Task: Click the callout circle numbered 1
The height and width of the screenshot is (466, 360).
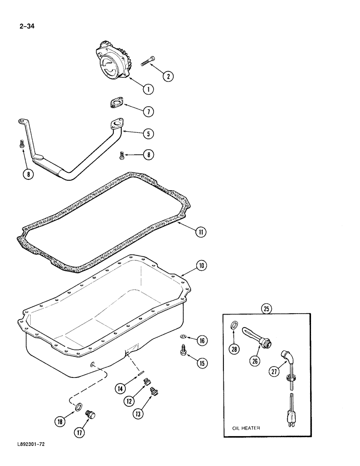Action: (148, 89)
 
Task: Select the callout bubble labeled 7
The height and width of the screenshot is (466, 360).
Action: (148, 112)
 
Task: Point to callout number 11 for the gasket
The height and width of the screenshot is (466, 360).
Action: (201, 231)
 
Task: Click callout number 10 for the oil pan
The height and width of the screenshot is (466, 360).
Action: (201, 266)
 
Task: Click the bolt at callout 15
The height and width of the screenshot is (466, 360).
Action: (183, 349)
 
